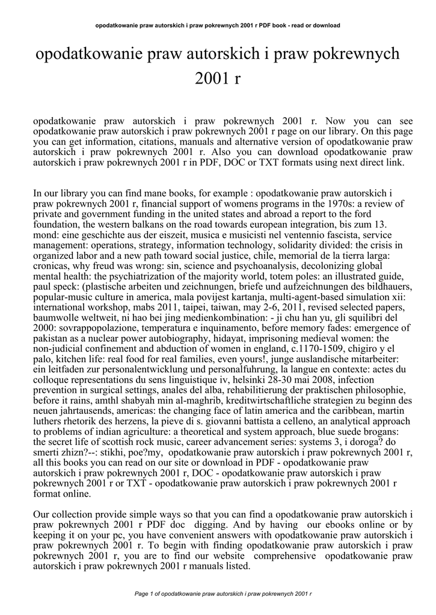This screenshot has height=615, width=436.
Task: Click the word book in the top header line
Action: point(277,25)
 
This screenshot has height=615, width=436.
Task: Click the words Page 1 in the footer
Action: point(146,594)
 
